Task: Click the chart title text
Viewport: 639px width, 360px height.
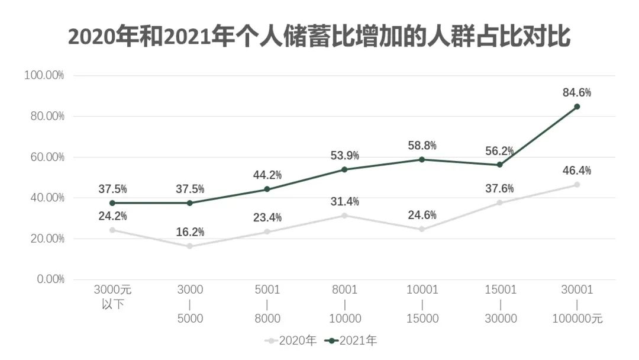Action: (x=319, y=37)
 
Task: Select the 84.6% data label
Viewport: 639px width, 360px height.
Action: (x=577, y=92)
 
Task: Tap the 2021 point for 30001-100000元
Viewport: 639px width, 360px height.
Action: (x=577, y=107)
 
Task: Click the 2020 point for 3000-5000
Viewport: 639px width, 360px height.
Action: (x=190, y=246)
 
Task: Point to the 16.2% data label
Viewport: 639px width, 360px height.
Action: (x=190, y=232)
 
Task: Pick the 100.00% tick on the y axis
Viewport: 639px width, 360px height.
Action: (x=44, y=75)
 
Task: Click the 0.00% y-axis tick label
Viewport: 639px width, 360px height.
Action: (x=47, y=279)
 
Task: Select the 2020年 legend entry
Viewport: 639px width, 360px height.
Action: (x=291, y=340)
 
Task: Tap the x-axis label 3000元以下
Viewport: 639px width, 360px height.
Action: (x=112, y=297)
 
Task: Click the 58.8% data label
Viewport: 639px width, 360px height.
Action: (x=422, y=146)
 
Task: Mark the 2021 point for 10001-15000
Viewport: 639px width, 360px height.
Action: (x=422, y=159)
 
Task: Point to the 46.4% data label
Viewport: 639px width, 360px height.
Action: (x=577, y=171)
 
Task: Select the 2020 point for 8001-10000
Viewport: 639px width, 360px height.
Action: (x=345, y=216)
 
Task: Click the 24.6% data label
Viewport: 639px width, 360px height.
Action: (x=422, y=215)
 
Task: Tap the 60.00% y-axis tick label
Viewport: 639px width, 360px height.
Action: (x=44, y=157)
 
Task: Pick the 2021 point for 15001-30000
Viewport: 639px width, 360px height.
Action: (x=499, y=165)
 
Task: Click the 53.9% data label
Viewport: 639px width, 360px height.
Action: (x=345, y=156)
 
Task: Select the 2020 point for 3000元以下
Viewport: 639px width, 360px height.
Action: (x=112, y=230)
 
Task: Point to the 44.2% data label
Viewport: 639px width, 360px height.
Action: (x=267, y=175)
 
